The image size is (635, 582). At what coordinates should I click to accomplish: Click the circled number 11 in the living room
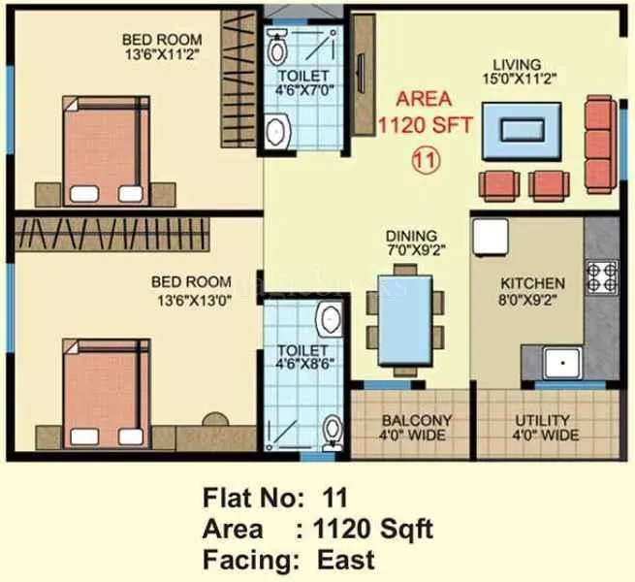pos(423,159)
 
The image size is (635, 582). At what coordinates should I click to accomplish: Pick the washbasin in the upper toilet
pos(276,127)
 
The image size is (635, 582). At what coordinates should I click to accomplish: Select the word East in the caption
pos(345,560)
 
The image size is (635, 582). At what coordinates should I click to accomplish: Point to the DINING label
pos(410,236)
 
